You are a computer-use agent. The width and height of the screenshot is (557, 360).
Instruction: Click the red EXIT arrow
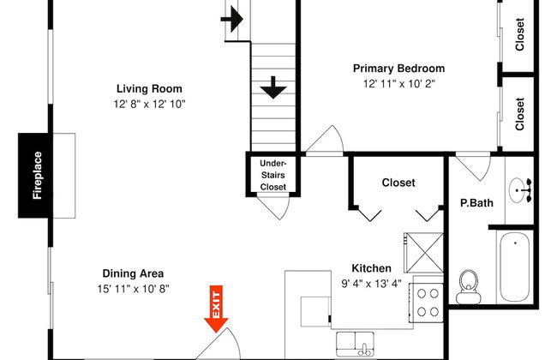216,309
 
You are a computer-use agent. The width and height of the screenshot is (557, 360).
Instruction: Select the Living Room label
149,88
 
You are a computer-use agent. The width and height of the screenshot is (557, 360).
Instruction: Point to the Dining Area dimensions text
133,289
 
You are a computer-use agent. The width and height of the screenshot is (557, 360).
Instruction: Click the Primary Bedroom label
398,69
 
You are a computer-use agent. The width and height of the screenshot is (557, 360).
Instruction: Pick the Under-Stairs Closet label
273,175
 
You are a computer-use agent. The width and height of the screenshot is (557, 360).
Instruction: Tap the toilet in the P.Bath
468,286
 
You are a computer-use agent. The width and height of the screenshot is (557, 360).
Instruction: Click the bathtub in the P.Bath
515,267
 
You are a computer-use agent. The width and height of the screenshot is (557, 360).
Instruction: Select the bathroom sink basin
518,190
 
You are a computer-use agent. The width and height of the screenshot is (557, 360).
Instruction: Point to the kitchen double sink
355,344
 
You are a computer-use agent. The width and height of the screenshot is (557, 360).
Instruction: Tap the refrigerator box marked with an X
424,252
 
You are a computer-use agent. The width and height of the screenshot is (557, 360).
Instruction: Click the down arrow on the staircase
273,87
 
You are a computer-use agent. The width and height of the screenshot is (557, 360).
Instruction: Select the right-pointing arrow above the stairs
231,19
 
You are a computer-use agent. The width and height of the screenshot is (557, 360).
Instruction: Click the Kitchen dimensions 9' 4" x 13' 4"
371,284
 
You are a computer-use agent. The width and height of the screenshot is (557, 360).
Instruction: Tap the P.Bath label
476,203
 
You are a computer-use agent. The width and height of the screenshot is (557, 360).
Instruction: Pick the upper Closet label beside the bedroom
519,34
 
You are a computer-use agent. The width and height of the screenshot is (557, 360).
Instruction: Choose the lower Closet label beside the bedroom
519,114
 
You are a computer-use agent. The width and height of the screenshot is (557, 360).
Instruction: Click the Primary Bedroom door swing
325,141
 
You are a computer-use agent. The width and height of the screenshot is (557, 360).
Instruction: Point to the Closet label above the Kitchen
398,183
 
